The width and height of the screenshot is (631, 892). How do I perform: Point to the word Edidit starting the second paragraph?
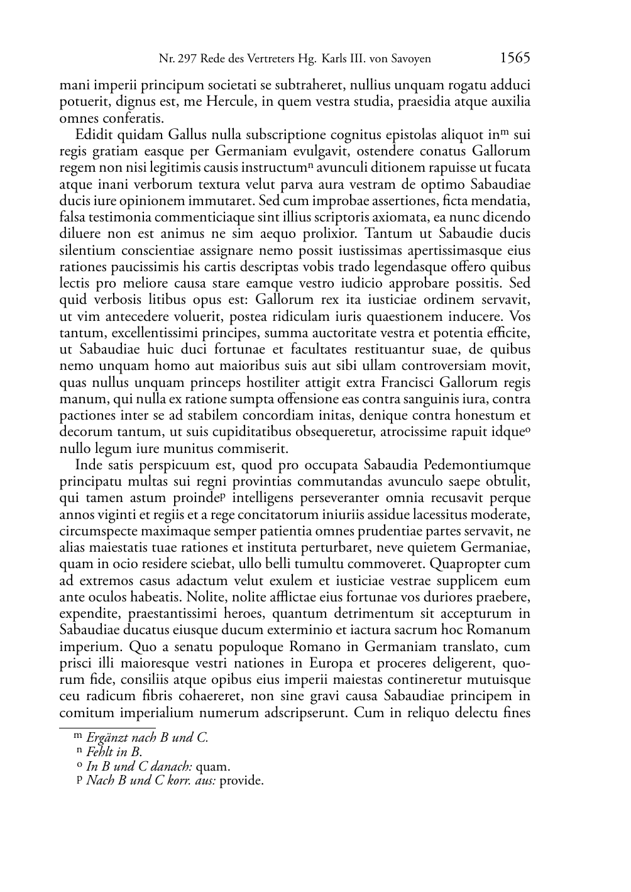(x=92, y=135)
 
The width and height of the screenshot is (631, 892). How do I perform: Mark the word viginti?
(x=117, y=514)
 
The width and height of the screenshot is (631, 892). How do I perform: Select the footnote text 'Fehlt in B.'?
(x=114, y=752)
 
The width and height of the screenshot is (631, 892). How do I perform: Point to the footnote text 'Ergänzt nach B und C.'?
(x=147, y=737)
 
